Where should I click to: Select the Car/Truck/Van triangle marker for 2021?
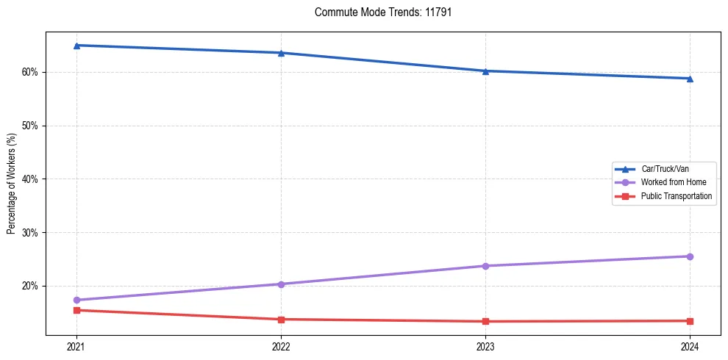click(76, 46)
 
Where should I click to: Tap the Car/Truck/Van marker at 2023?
click(485, 71)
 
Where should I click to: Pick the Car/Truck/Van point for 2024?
click(690, 79)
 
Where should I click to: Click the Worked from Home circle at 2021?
click(76, 300)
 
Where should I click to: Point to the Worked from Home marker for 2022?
click(281, 284)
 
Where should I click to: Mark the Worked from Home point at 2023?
click(485, 266)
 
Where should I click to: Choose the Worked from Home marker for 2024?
click(690, 256)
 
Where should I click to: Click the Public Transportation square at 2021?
click(76, 310)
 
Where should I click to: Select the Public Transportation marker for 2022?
click(281, 319)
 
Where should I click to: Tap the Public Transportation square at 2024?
click(690, 321)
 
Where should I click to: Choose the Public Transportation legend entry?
click(677, 196)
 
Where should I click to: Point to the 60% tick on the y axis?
click(32, 72)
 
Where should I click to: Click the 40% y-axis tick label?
click(32, 179)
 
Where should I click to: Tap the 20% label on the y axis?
click(32, 286)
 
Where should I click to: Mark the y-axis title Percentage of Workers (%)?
click(12, 190)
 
